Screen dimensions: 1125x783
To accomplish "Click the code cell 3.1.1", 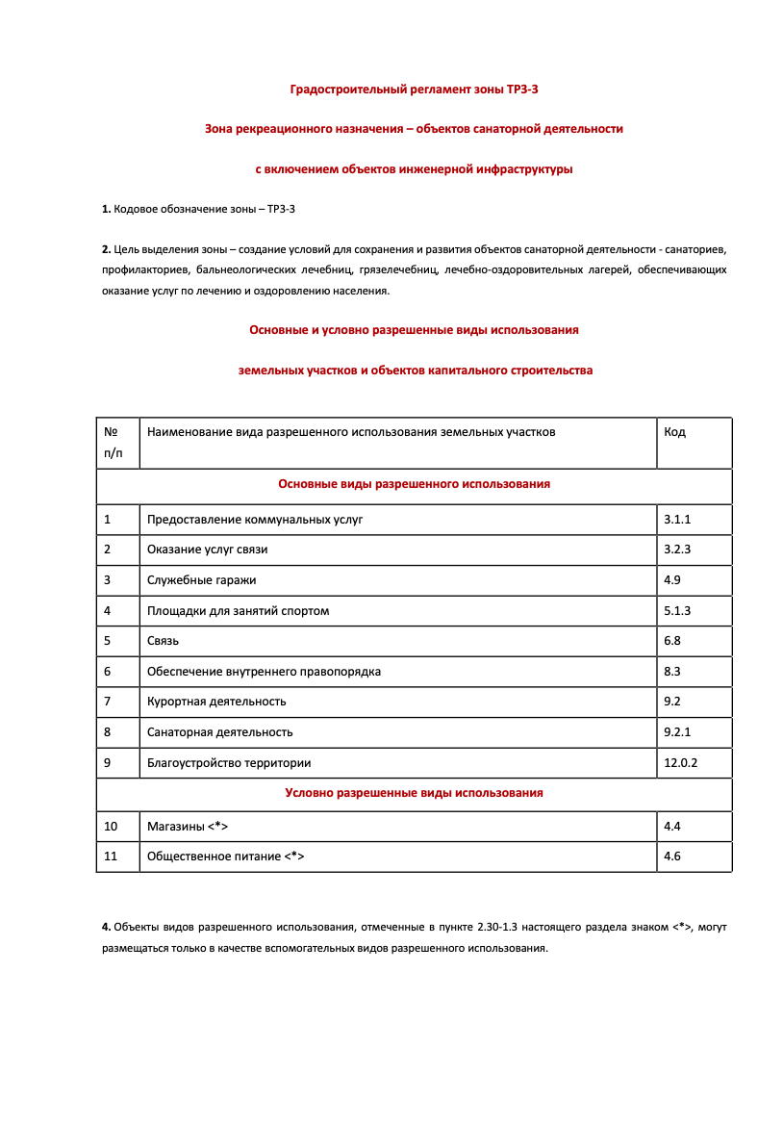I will [x=677, y=520].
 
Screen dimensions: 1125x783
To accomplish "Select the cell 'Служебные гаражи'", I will [x=202, y=580].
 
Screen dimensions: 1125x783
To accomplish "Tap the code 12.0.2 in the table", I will [x=680, y=762].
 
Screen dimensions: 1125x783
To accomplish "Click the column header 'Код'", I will [x=674, y=432].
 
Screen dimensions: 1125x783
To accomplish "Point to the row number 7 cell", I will [x=108, y=702].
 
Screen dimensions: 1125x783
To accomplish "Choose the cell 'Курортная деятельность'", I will [x=216, y=702].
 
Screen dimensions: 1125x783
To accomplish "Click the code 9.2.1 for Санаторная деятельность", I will [x=677, y=732].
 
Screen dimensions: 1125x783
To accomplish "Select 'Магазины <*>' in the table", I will [x=188, y=827].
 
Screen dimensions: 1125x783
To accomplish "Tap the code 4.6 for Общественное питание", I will [x=672, y=857].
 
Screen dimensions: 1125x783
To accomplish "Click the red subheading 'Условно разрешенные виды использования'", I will [x=414, y=793].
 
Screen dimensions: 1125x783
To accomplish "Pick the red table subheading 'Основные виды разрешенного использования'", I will [x=414, y=484].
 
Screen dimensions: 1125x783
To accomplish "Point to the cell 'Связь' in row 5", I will [x=164, y=641].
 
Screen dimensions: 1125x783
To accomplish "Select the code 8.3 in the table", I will [x=672, y=672].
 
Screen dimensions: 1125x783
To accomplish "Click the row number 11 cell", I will [x=111, y=857].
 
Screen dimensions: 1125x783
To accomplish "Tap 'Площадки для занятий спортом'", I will [x=238, y=611].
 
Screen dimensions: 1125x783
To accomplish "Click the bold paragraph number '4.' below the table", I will [x=106, y=928].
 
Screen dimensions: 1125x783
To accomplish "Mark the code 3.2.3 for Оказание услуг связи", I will [x=677, y=550].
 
